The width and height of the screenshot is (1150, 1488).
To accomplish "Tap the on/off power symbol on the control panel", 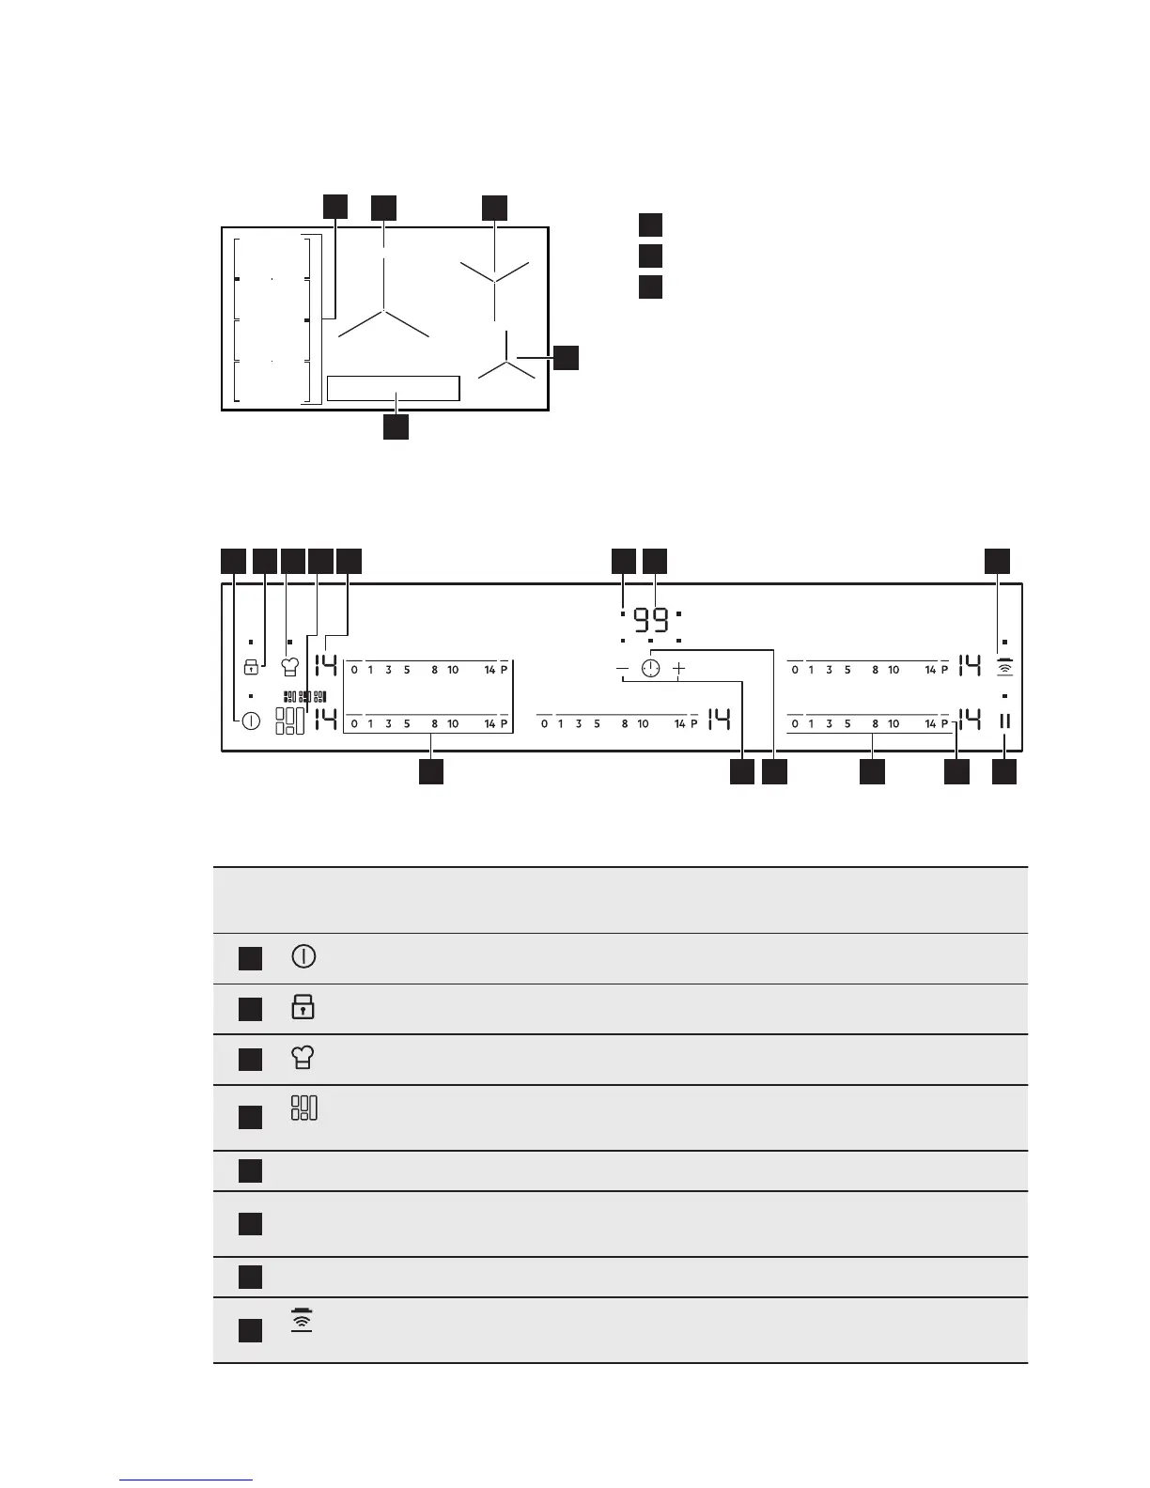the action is (x=251, y=721).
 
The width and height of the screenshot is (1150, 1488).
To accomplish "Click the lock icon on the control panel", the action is (x=251, y=667).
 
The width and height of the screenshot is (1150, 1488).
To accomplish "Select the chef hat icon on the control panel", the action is (x=290, y=667).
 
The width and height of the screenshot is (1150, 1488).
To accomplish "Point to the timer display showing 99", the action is (x=651, y=621).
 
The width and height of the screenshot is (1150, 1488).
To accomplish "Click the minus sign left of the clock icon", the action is (x=622, y=669).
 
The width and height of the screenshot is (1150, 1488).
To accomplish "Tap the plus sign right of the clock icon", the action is (x=679, y=669).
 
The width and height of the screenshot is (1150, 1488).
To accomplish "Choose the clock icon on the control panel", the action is (x=650, y=669).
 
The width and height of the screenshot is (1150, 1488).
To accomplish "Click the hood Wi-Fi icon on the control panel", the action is (x=1004, y=667).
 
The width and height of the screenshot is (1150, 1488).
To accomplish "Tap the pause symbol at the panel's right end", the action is (x=1004, y=721).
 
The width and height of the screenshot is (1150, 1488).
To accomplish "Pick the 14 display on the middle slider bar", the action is (x=719, y=721).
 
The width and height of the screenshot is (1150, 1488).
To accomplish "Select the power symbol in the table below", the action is (x=303, y=957).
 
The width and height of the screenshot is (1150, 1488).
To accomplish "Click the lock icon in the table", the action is (x=303, y=1008).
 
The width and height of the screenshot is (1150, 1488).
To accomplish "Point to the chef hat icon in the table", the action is (x=303, y=1059).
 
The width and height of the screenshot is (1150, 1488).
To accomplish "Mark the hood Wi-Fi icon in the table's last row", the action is (x=302, y=1321).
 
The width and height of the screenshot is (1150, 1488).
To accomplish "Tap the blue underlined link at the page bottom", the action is (x=186, y=1481).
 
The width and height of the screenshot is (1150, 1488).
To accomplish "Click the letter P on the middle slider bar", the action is (x=694, y=724).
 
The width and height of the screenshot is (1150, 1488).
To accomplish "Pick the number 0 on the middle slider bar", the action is (x=545, y=724).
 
